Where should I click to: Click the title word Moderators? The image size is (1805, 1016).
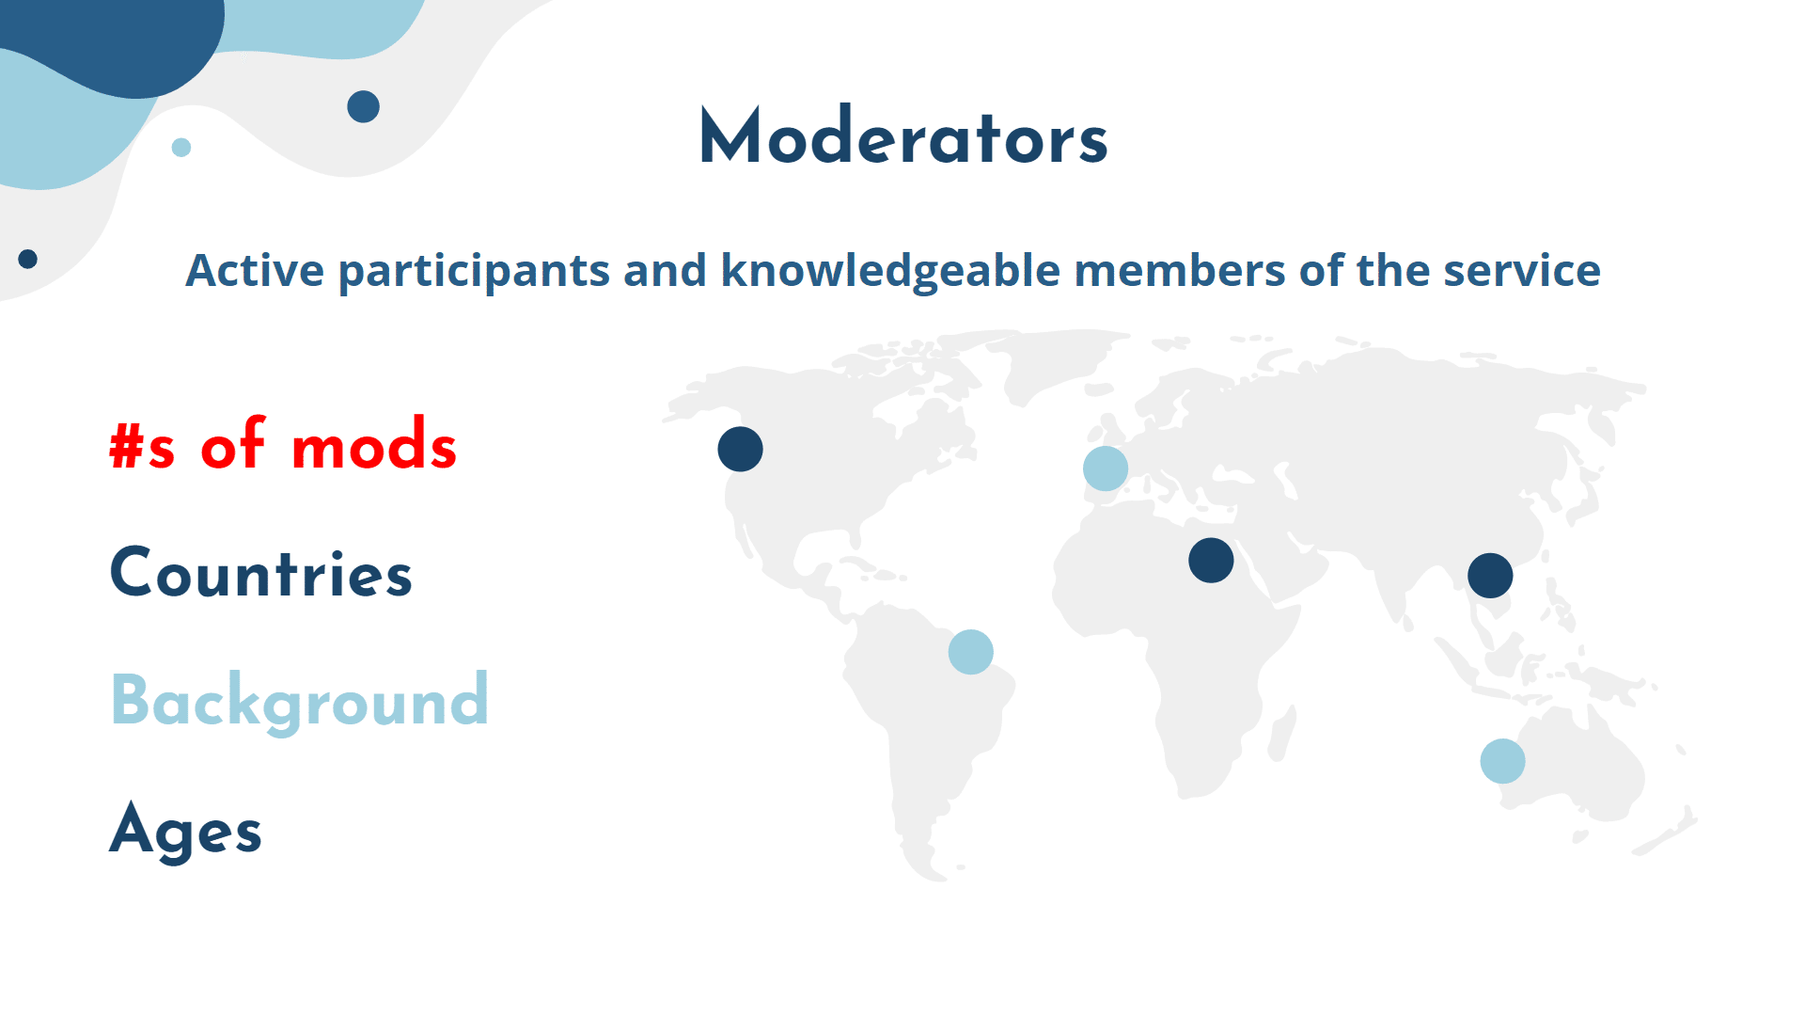[x=903, y=136]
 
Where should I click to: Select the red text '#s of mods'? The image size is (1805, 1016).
[x=283, y=443]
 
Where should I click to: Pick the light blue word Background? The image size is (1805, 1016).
[x=300, y=701]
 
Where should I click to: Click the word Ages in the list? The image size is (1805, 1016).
[x=186, y=830]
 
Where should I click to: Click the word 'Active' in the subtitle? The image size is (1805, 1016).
[x=255, y=271]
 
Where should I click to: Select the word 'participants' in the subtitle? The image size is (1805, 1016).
[x=474, y=272]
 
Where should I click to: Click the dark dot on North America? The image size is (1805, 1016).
[x=740, y=449]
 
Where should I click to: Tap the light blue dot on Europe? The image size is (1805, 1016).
[x=1106, y=468]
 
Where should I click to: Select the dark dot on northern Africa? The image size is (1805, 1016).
[x=1211, y=561]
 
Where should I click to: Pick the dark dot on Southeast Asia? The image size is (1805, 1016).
[x=1490, y=576]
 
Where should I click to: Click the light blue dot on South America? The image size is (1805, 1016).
[x=971, y=652]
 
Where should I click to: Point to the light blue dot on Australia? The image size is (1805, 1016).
[x=1502, y=761]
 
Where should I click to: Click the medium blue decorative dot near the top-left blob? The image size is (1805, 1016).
[x=363, y=107]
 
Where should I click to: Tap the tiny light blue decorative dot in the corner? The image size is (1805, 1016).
[x=181, y=148]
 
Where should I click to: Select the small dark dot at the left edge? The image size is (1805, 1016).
[x=28, y=259]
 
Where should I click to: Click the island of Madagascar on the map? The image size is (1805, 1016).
[x=1282, y=734]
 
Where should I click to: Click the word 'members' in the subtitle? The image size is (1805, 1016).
[x=1180, y=271]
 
